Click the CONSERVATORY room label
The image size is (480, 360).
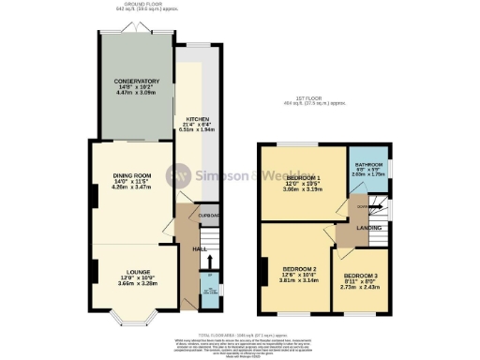click(x=131, y=81)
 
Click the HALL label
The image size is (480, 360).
click(x=200, y=248)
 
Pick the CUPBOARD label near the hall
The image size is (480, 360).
click(x=208, y=214)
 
